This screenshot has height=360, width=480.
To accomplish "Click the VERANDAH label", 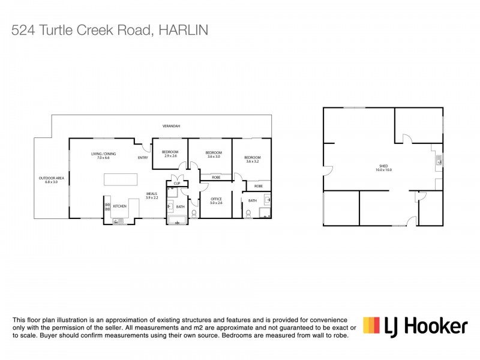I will point(171,126).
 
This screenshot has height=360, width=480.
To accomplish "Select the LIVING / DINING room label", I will point(104,156).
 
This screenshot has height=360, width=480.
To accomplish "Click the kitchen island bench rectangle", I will point(120,180).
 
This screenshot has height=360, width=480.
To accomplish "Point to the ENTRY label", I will point(143,158).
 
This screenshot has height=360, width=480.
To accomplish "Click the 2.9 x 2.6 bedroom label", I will point(170,154).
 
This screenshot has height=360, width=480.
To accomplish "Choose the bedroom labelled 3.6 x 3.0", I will point(214,155).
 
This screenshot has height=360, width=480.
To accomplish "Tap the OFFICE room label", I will point(216,201).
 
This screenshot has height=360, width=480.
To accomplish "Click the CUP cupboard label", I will point(177,184).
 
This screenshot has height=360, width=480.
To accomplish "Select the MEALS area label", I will point(151,196).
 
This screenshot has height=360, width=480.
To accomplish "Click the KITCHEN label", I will point(120,206).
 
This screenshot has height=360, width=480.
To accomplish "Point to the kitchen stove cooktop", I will point(108,207).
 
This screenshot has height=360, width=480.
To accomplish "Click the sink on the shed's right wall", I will point(440,161).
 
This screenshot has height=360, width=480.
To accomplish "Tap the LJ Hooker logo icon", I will point(371,325).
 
